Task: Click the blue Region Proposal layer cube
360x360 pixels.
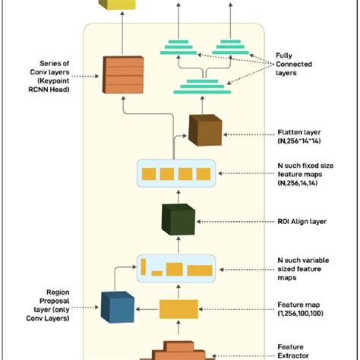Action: pos(117,307)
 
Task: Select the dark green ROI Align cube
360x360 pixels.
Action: pos(178,219)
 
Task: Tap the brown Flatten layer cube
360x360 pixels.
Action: pos(204,128)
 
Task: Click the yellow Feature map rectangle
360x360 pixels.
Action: pos(179,308)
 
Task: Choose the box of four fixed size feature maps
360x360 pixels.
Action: pos(178,174)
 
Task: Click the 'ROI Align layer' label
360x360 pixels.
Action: pos(302,222)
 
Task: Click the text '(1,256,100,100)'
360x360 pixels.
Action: pos(302,313)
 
